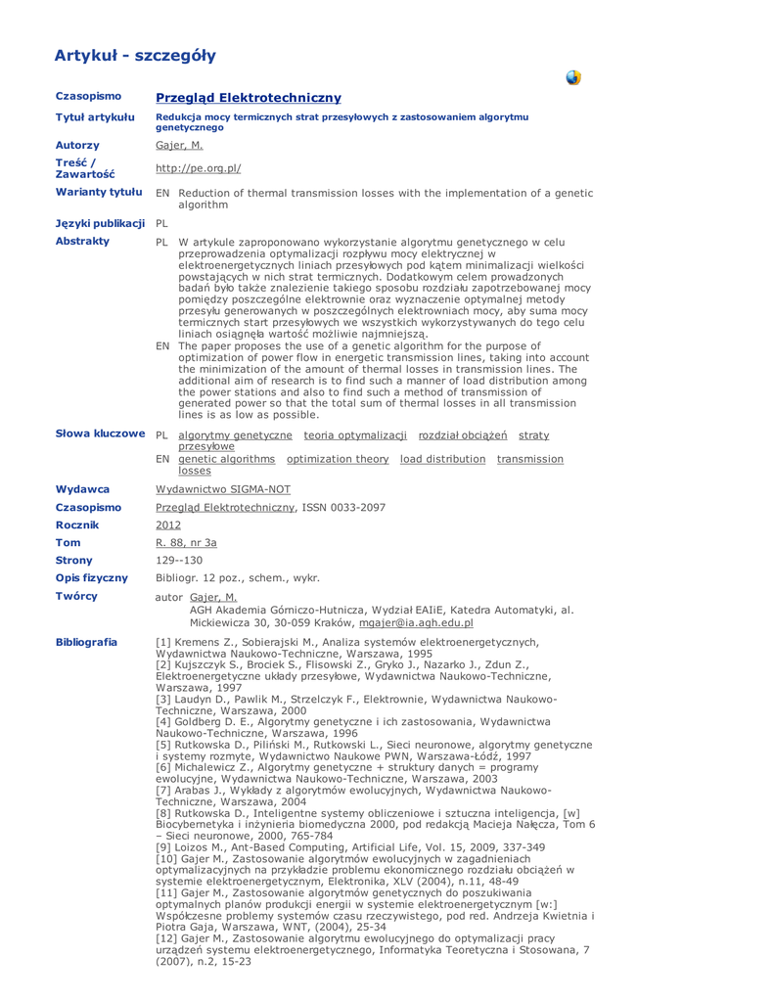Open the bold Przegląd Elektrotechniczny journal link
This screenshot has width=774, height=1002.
tap(249, 98)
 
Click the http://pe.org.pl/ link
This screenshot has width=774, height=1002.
tap(199, 167)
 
